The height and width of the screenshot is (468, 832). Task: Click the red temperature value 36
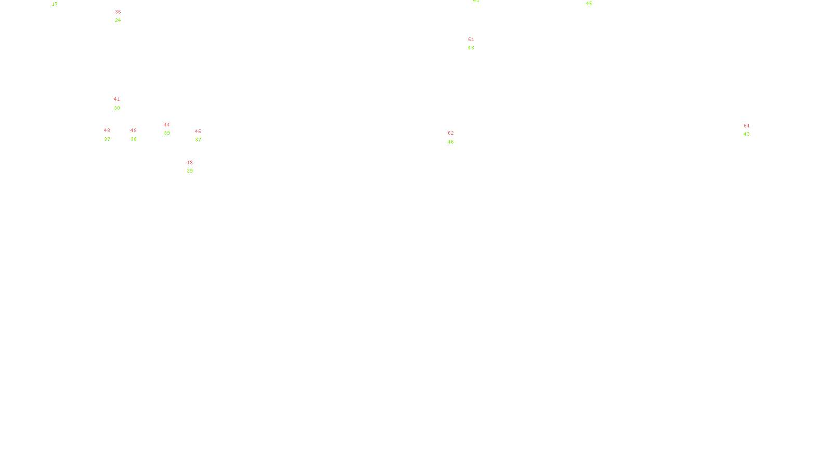(x=118, y=12)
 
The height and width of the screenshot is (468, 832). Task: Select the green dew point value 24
(x=118, y=20)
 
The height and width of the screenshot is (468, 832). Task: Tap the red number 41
(x=117, y=99)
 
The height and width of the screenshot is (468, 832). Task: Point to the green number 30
(x=117, y=108)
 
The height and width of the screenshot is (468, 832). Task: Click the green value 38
(x=134, y=139)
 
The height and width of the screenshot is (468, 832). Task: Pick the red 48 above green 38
(x=134, y=131)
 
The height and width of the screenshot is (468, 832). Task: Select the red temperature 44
(x=166, y=125)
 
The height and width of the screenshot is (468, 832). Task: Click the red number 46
(x=198, y=132)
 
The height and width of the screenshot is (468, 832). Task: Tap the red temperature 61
(x=471, y=40)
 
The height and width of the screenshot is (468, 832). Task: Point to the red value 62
(x=451, y=133)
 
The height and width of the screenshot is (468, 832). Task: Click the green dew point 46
(x=451, y=142)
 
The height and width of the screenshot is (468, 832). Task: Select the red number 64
(x=747, y=126)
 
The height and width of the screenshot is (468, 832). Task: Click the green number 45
(x=589, y=4)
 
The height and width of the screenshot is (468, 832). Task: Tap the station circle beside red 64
(x=752, y=130)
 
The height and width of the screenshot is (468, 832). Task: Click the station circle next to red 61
(x=476, y=44)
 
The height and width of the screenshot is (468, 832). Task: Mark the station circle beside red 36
(x=123, y=16)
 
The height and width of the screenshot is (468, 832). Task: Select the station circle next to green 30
(x=122, y=104)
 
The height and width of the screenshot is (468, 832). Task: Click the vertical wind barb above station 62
(x=457, y=129)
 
